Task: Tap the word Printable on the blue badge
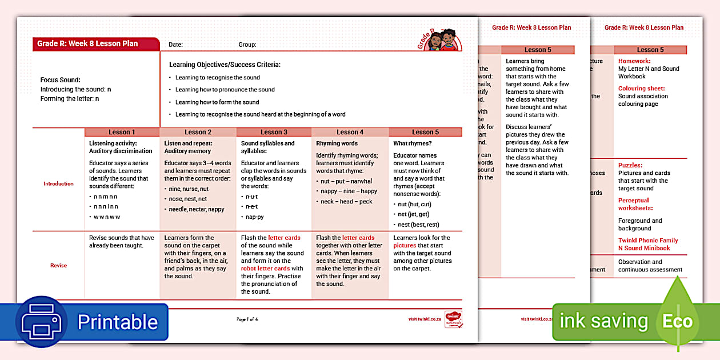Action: (x=117, y=322)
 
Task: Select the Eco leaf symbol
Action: (x=678, y=321)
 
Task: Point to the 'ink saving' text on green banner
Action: (x=603, y=321)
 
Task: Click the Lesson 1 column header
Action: (x=122, y=132)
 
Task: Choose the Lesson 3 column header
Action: (x=274, y=132)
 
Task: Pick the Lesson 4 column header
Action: (x=350, y=132)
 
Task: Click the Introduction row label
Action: (x=58, y=184)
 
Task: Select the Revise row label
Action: (x=58, y=265)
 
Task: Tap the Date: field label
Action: (x=175, y=45)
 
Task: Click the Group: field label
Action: (x=247, y=45)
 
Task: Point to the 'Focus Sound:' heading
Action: (x=60, y=80)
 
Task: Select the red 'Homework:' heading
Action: (x=634, y=61)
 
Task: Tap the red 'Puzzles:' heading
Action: (x=630, y=165)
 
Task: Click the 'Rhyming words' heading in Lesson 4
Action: (x=337, y=143)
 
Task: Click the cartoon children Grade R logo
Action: (x=441, y=40)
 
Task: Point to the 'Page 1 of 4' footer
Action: (x=247, y=319)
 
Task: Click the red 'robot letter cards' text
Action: (x=265, y=269)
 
